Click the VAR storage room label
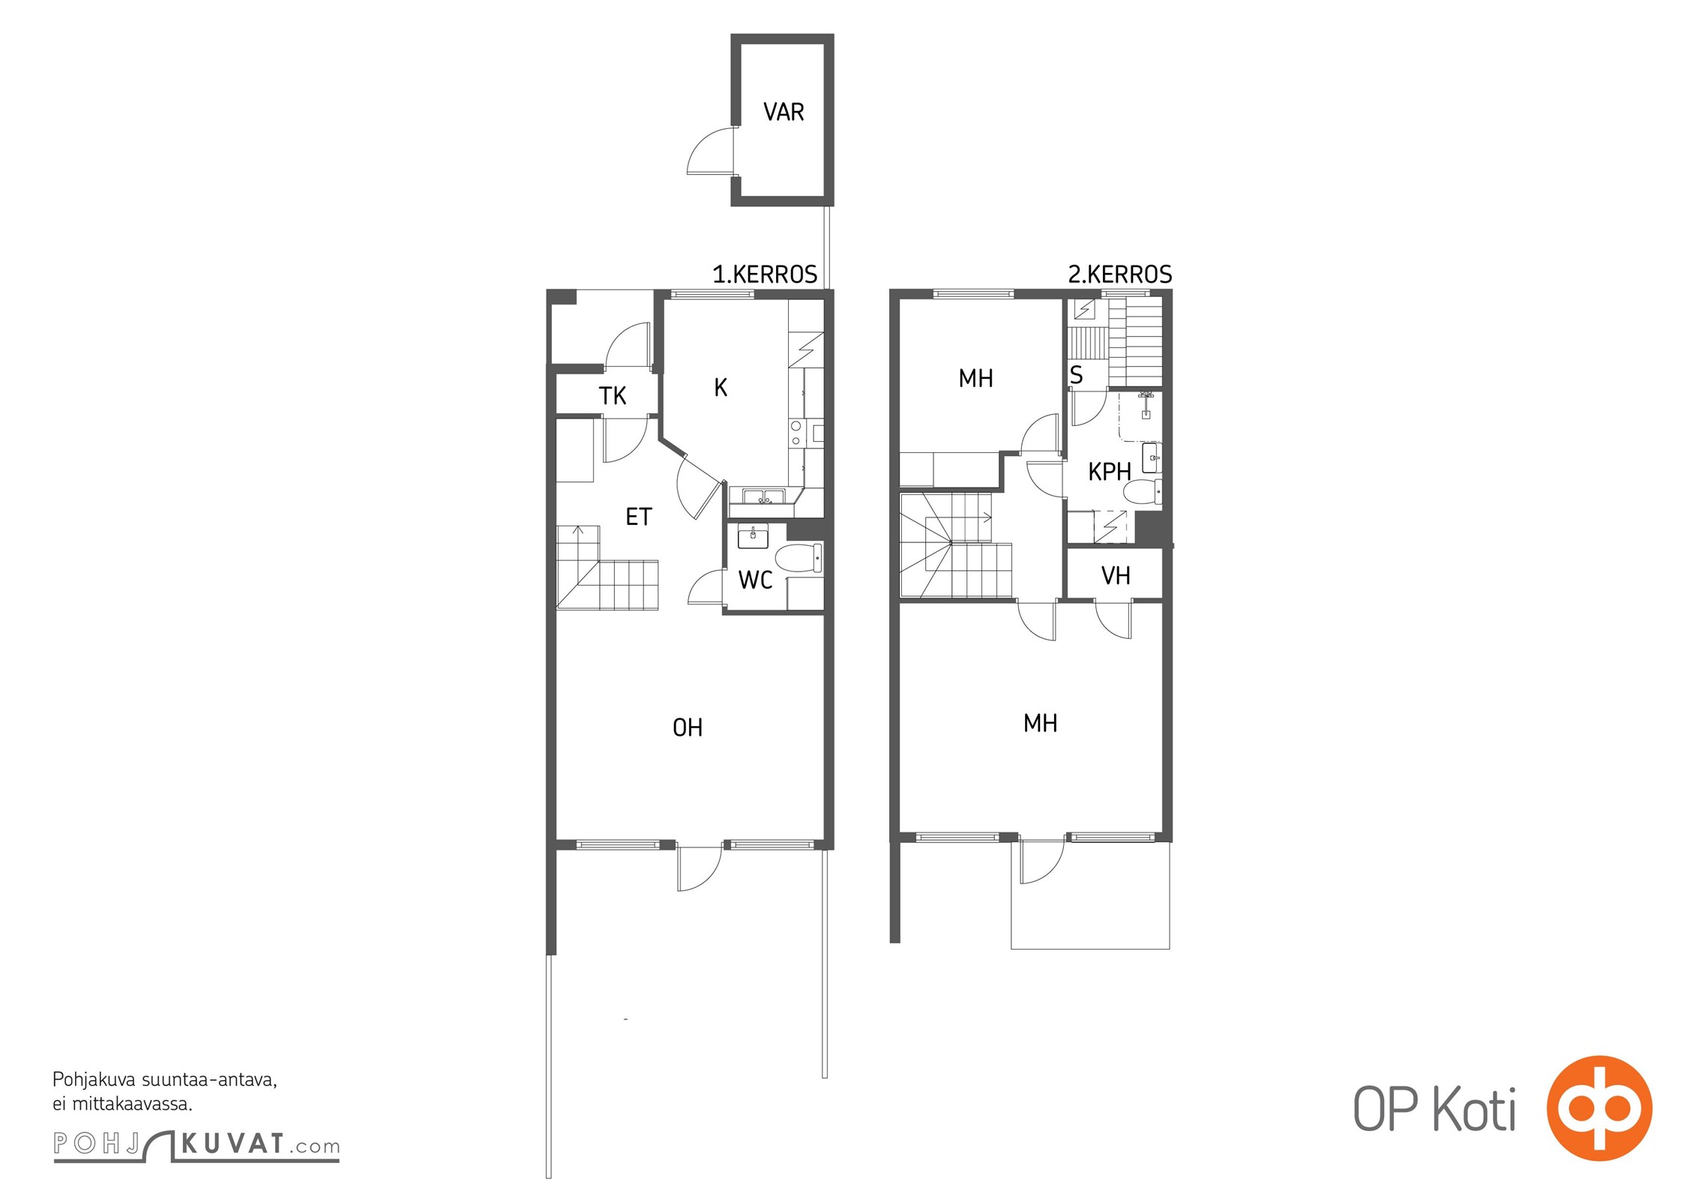(784, 112)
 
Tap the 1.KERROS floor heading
(765, 274)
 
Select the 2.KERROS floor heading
(1120, 274)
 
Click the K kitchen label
(721, 387)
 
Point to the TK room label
(613, 395)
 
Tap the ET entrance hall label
(639, 517)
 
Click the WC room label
(755, 580)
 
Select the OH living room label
(688, 727)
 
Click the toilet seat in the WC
(799, 559)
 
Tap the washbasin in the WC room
(753, 537)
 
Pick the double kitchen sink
(763, 496)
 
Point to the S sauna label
(1076, 375)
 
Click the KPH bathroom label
(1110, 472)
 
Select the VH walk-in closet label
(1116, 576)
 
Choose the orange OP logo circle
(1599, 1108)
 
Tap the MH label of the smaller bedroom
(976, 379)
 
